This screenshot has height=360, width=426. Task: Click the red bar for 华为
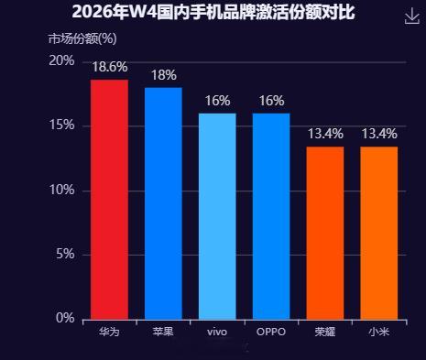[109, 200]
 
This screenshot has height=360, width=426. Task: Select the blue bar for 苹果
[163, 203]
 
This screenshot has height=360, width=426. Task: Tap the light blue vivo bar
[217, 216]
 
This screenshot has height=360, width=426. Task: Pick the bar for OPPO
[271, 216]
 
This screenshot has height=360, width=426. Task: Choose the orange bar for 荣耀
[325, 233]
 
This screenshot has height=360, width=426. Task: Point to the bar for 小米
[379, 233]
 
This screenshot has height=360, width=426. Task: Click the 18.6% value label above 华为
[109, 68]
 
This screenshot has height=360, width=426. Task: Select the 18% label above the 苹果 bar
[163, 75]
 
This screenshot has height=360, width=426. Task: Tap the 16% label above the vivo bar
[217, 101]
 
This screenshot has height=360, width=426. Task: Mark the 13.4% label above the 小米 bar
[379, 135]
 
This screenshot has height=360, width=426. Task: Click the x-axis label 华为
[109, 332]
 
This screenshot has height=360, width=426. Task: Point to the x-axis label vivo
[217, 332]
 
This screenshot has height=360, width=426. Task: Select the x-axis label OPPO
[271, 332]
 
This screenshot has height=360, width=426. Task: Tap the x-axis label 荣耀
[325, 332]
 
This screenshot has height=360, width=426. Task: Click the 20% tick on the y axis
[62, 60]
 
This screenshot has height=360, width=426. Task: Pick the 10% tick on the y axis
[62, 190]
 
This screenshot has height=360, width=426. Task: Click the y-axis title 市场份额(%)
[82, 38]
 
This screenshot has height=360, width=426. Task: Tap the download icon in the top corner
[411, 16]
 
